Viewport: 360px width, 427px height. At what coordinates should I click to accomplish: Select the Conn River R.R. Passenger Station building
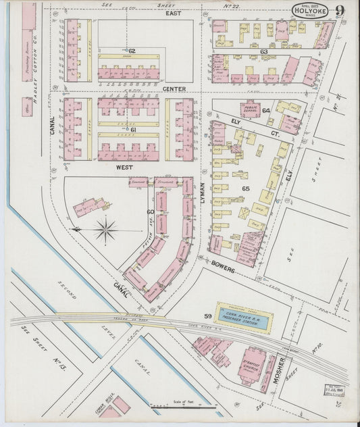pyautogui.click(x=245, y=315)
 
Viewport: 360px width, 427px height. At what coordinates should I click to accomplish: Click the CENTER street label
pyautogui.click(x=174, y=89)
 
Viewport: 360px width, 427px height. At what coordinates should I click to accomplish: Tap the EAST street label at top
pyautogui.click(x=174, y=13)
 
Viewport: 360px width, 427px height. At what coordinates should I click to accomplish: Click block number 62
pyautogui.click(x=132, y=51)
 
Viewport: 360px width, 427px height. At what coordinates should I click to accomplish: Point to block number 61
pyautogui.click(x=133, y=129)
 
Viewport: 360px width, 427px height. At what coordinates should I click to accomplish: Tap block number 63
pyautogui.click(x=263, y=51)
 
